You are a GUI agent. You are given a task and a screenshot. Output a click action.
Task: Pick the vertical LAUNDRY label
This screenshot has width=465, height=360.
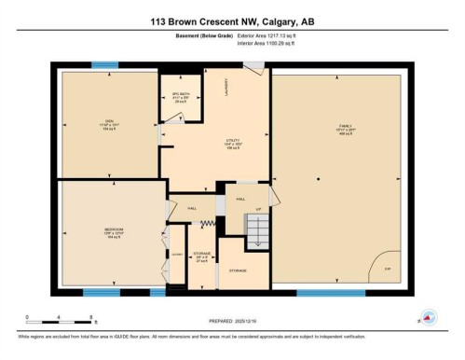coord(226,86)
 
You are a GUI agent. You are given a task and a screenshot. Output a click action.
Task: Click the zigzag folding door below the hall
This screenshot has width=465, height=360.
coord(210,224)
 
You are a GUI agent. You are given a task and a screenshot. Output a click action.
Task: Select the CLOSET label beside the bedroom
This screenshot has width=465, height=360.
coord(176,255)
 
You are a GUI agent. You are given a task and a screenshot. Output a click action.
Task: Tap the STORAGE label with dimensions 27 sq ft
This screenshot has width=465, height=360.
coord(200,257)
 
